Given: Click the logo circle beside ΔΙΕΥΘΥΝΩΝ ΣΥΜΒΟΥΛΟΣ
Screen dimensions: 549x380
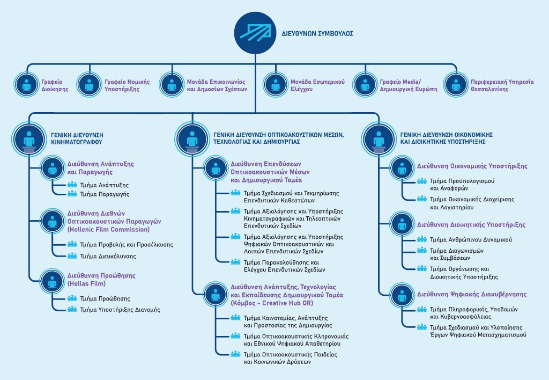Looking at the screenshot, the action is (255, 33).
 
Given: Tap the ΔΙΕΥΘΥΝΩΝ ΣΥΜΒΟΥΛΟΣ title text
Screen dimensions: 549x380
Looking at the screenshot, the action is (317, 34).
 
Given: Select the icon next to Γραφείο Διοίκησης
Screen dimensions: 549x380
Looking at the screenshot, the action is (27, 85).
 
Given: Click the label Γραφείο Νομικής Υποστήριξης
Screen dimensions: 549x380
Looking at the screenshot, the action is (127, 85).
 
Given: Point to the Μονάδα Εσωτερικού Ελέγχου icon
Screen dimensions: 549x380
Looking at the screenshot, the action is (276, 85).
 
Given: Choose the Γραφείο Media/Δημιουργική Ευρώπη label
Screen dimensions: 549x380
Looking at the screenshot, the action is (409, 85).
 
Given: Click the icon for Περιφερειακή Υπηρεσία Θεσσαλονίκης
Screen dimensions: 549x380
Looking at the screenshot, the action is (456, 85).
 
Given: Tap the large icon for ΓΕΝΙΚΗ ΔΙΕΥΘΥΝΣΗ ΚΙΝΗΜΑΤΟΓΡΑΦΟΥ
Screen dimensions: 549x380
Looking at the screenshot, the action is (29, 139).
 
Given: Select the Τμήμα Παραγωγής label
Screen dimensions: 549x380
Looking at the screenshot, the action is (105, 194).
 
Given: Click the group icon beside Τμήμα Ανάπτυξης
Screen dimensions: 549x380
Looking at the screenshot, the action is (72, 185).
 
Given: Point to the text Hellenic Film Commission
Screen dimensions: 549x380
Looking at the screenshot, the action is (108, 230).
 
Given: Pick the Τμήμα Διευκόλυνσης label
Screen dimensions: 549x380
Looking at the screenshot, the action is (108, 256).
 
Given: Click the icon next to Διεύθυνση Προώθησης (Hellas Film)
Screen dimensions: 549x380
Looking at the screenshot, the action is (53, 281).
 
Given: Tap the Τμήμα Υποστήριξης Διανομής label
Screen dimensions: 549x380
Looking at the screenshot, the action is (120, 310).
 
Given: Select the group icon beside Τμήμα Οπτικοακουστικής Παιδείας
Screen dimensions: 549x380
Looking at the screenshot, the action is (235, 354).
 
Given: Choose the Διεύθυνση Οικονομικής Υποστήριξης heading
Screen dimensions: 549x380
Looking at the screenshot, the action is (472, 166).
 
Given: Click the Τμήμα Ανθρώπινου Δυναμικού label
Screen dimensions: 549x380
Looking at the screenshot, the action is (471, 240).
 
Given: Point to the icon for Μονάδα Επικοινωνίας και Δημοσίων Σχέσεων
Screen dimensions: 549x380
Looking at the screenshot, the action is (172, 85).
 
